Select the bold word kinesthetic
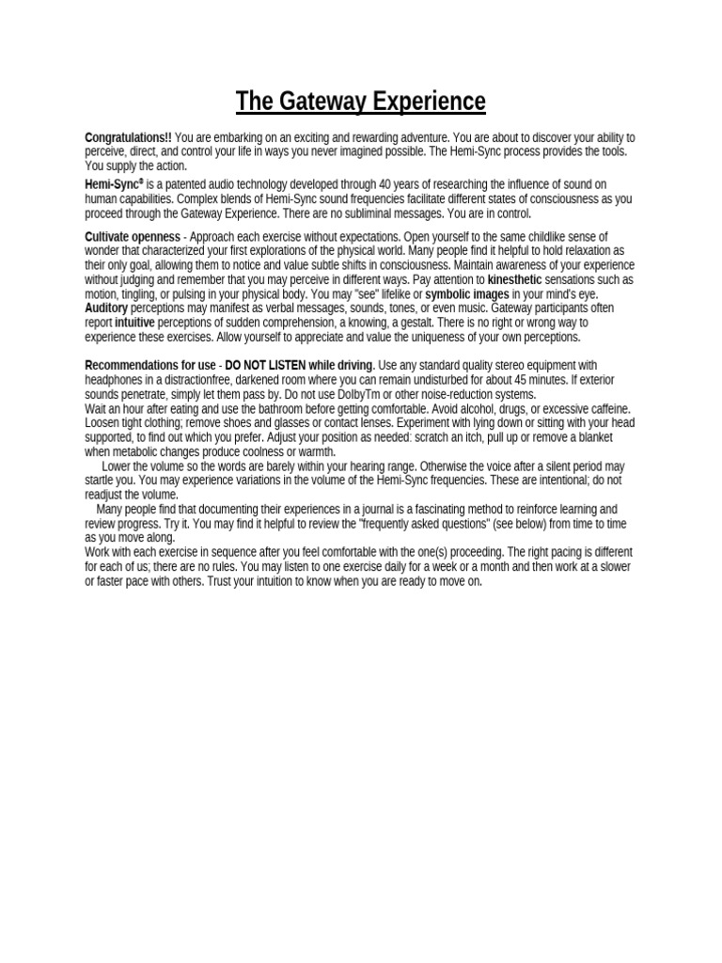pyautogui.click(x=514, y=280)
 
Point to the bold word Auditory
pyautogui.click(x=106, y=308)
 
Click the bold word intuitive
pyautogui.click(x=134, y=323)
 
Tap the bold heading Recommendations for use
pyautogui.click(x=150, y=365)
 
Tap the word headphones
pyautogui.click(x=115, y=380)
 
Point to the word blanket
pyautogui.click(x=592, y=437)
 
